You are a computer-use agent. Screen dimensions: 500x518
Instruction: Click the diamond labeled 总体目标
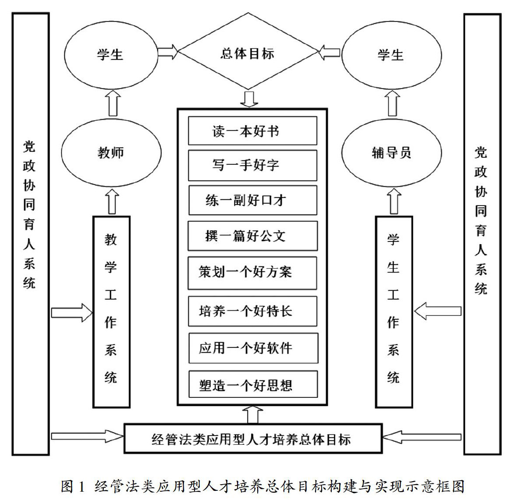(x=248, y=53)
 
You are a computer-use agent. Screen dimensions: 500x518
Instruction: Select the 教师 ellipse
(x=111, y=152)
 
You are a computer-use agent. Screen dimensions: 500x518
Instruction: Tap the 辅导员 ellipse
(x=391, y=152)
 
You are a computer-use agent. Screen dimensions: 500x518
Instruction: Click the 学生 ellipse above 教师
(x=111, y=55)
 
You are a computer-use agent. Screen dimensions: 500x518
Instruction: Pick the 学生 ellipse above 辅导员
(x=391, y=55)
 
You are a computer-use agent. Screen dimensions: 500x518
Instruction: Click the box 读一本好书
(x=252, y=131)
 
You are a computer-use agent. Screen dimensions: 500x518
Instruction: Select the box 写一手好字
(x=252, y=165)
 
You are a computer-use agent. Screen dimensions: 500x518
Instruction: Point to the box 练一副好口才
(x=252, y=200)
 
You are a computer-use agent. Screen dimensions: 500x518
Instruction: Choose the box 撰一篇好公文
(x=252, y=236)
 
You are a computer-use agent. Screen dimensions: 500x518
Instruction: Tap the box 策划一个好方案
(x=252, y=272)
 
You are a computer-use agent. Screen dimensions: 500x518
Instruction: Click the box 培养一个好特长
(x=252, y=311)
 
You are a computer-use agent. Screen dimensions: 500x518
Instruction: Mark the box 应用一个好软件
(x=252, y=348)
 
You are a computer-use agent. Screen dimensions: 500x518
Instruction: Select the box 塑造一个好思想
(x=252, y=385)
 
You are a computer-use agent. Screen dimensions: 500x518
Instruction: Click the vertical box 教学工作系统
(x=111, y=312)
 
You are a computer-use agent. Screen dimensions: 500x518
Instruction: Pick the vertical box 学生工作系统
(x=394, y=312)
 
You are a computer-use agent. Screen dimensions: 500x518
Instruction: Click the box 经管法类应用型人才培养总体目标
(x=253, y=439)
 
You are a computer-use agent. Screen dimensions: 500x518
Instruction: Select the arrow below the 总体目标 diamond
(x=249, y=99)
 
